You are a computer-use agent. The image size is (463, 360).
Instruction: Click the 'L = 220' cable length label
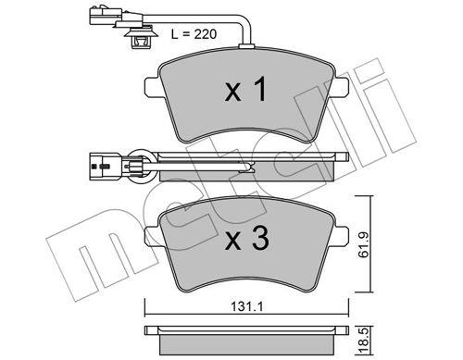click(194, 34)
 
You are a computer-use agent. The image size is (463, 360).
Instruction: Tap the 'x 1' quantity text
click(245, 90)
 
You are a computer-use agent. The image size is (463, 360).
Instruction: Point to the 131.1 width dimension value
click(247, 306)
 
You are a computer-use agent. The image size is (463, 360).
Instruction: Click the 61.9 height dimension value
click(364, 245)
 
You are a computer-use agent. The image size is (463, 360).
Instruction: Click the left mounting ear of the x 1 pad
click(152, 86)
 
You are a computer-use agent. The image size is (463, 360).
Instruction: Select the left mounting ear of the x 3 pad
click(152, 237)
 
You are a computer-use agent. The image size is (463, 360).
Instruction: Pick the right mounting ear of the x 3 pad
click(342, 236)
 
